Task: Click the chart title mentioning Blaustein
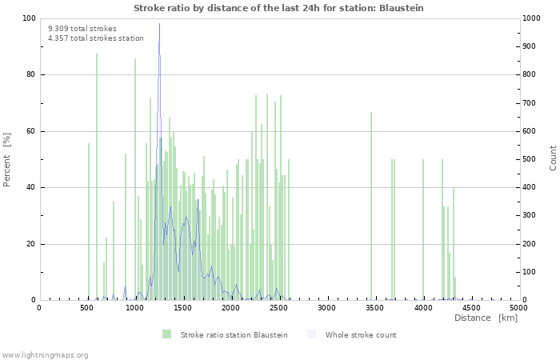click(278, 8)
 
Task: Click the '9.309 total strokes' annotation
click(82, 29)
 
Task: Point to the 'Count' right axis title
click(553, 158)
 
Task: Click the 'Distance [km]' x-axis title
click(486, 318)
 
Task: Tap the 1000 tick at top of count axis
click(532, 18)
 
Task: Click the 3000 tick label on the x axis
click(326, 307)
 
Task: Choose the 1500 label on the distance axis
click(183, 307)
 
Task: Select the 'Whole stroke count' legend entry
click(360, 334)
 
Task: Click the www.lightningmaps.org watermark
click(46, 354)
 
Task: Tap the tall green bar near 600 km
click(97, 176)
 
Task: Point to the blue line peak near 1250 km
click(159, 40)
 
